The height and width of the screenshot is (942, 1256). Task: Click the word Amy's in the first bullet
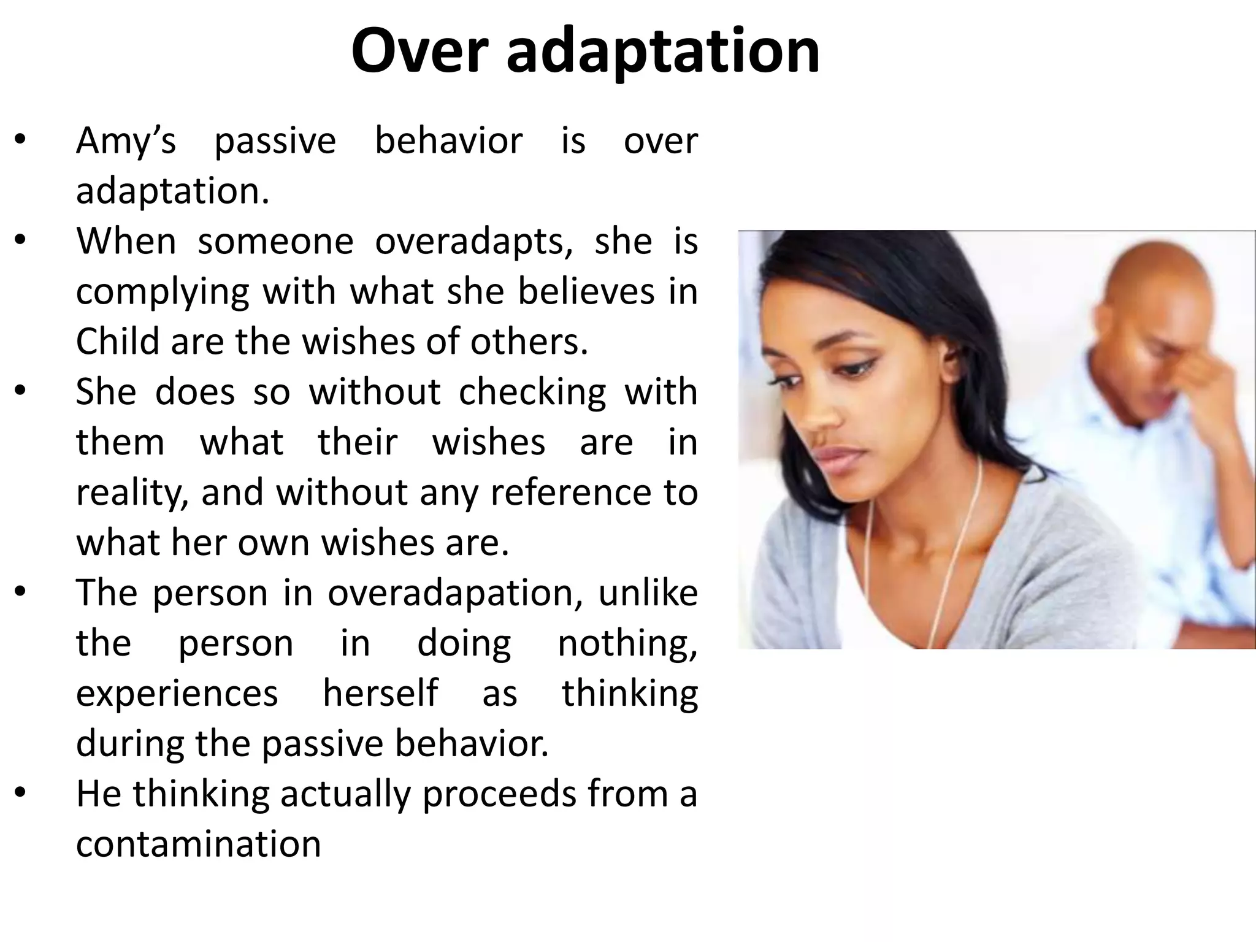[x=126, y=141]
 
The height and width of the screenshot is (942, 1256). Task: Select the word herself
[x=380, y=694]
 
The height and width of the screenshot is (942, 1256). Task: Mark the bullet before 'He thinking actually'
[x=20, y=794]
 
